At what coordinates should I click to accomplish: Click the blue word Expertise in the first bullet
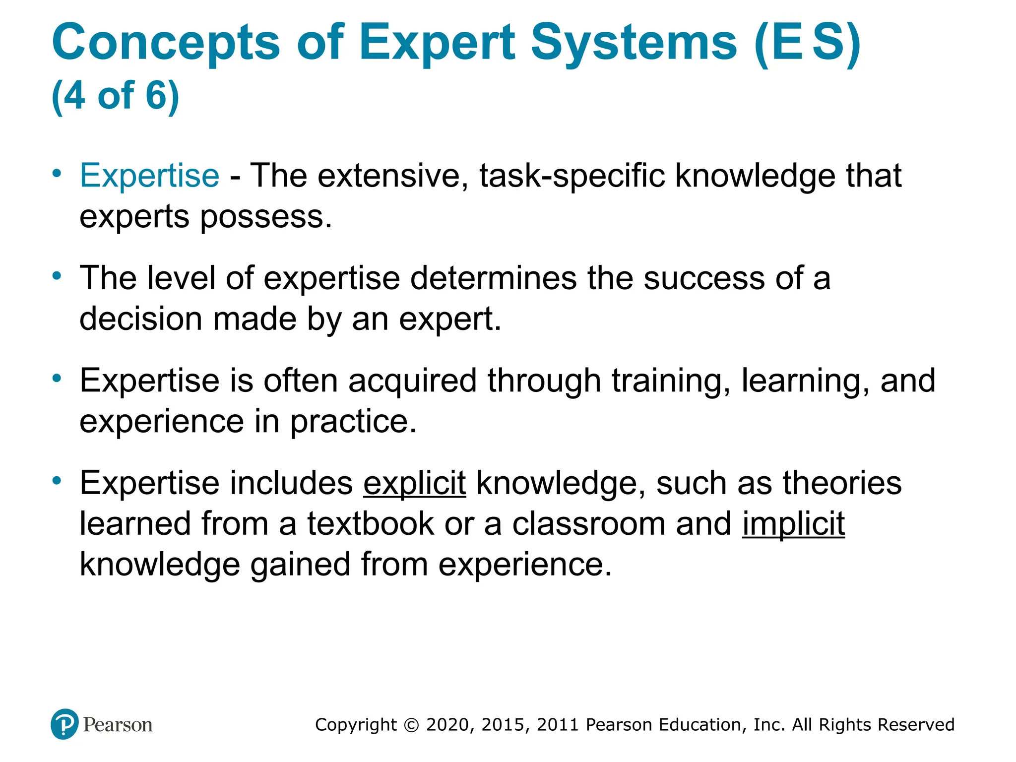tap(149, 176)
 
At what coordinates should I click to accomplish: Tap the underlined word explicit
tap(414, 483)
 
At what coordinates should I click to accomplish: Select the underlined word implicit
tap(793, 524)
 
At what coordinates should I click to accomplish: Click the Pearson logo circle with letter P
tap(64, 724)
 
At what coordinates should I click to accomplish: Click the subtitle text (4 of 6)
tap(115, 95)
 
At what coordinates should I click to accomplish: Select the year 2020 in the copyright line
tap(447, 725)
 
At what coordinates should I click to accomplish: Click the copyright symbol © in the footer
tap(411, 725)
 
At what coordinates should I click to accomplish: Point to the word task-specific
tap(571, 176)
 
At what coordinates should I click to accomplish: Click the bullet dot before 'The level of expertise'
tap(58, 276)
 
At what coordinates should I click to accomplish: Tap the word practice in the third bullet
tap(353, 422)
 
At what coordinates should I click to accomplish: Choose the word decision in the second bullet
tap(141, 319)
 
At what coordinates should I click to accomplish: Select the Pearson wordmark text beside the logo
tap(118, 725)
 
